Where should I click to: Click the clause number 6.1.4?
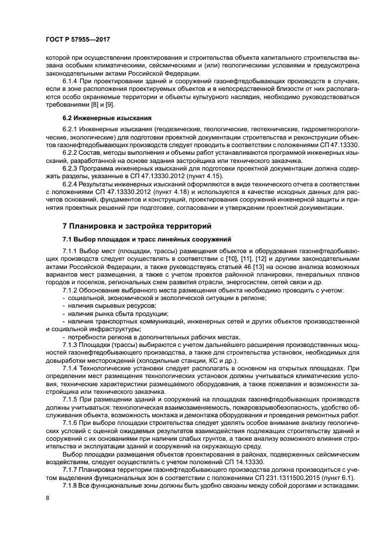[x=72, y=80]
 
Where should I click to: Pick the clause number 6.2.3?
[x=72, y=168]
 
